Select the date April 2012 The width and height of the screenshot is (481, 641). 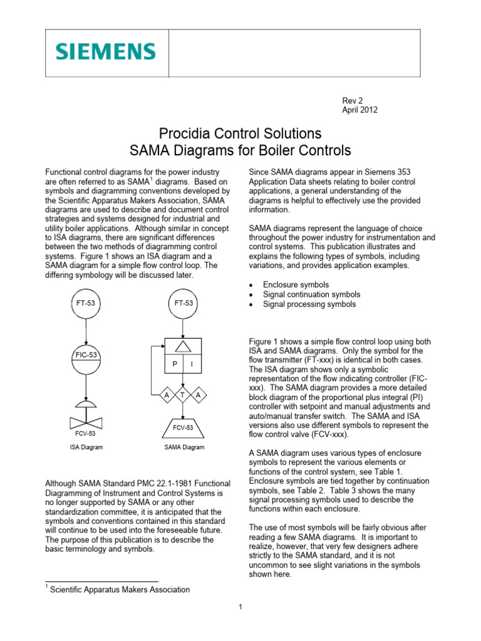pos(359,110)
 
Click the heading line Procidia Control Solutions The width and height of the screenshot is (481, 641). pos(240,133)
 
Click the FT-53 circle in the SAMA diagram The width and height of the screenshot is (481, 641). pos(182,304)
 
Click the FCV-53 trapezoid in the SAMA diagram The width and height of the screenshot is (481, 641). pos(182,428)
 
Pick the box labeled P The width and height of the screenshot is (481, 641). pos(172,364)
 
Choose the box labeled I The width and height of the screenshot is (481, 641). pos(192,364)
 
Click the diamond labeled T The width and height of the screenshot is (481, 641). pos(182,396)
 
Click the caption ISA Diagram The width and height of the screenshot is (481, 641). pos(86,448)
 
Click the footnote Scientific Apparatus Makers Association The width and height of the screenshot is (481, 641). pos(120,589)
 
